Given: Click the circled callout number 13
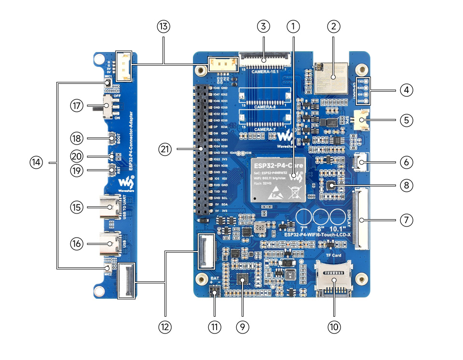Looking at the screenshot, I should click(x=163, y=27).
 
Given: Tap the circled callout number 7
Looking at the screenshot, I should click(x=407, y=220).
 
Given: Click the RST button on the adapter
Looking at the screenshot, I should click(x=112, y=169).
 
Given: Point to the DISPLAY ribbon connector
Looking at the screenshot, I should click(x=360, y=220).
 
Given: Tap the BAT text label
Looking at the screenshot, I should click(x=216, y=279).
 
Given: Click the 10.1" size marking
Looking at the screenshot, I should click(x=337, y=227).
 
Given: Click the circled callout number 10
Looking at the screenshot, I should click(x=334, y=326).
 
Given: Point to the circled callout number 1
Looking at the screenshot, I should click(x=293, y=26).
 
